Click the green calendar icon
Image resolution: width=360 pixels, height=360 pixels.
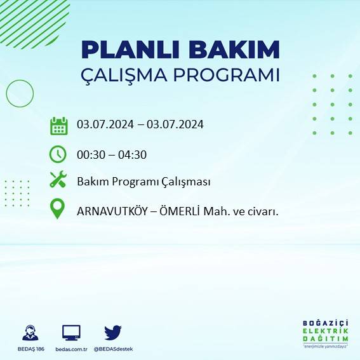tap(58, 125)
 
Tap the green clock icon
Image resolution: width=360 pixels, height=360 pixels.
tap(58, 154)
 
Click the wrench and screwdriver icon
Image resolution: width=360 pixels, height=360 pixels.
tap(58, 180)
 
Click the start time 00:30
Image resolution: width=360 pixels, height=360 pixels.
tap(91, 154)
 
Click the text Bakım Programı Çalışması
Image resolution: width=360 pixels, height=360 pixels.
tap(143, 182)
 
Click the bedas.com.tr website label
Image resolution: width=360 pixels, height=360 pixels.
tap(70, 349)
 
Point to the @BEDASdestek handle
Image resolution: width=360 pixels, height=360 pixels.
tap(113, 349)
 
